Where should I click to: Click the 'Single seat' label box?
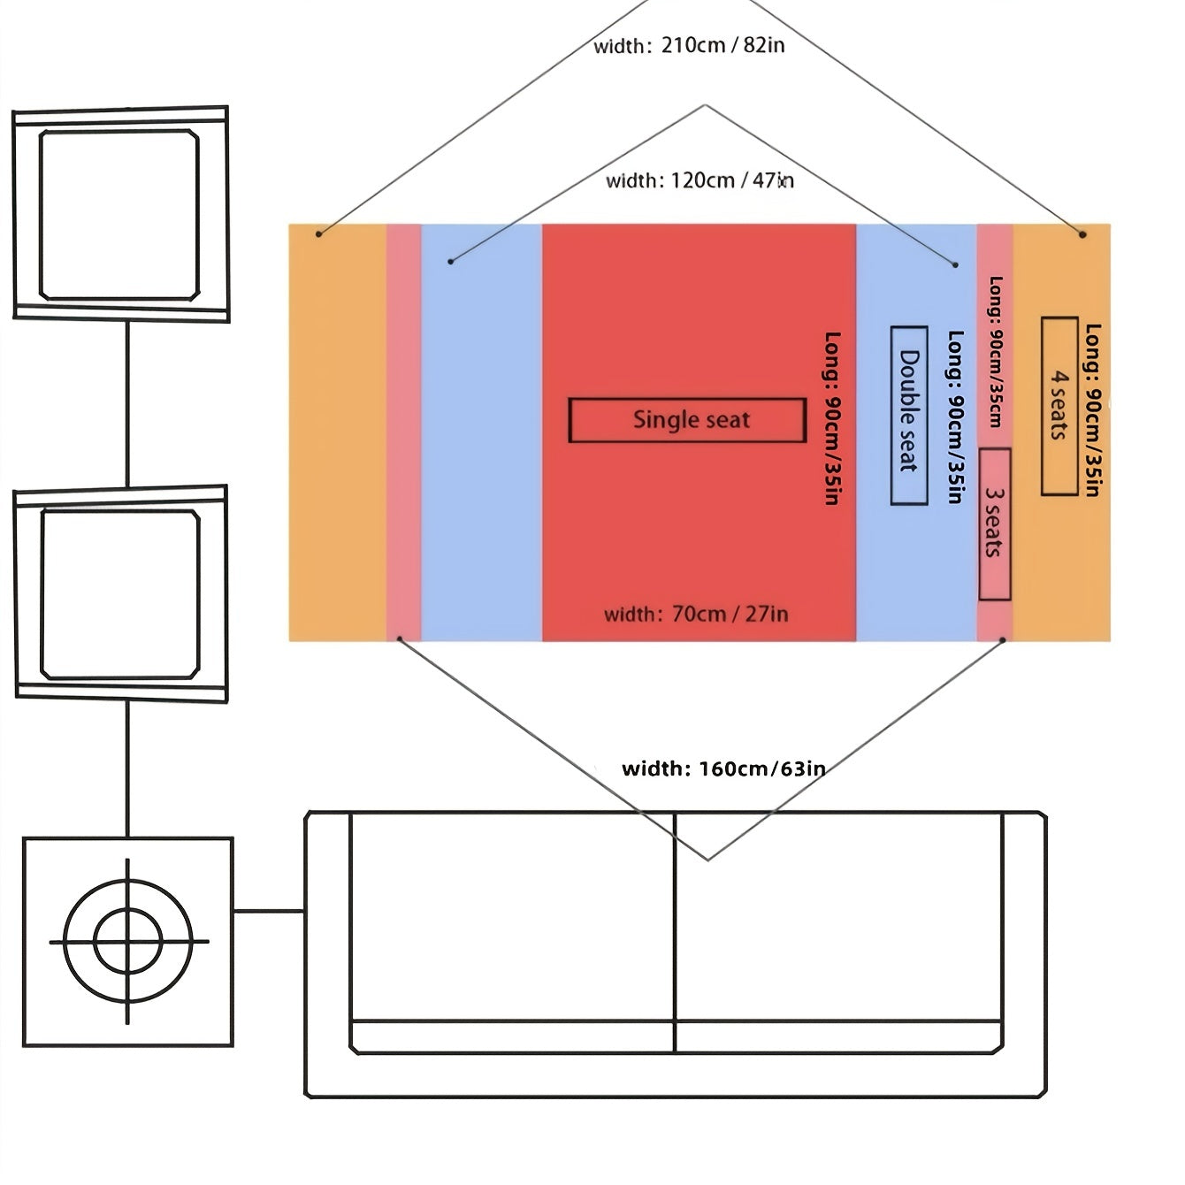(x=687, y=420)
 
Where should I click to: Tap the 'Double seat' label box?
(x=908, y=416)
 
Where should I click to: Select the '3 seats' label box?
(x=995, y=524)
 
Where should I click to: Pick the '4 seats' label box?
(x=1059, y=406)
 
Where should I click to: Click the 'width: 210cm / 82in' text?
(x=689, y=45)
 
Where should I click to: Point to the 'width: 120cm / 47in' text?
(x=700, y=180)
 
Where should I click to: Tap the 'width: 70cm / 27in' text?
(x=696, y=614)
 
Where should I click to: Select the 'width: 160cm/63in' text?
(x=723, y=768)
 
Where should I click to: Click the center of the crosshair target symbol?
(x=128, y=941)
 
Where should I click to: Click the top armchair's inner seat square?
(x=119, y=215)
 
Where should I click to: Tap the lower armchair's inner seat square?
(x=120, y=594)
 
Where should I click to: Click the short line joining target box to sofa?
(x=269, y=911)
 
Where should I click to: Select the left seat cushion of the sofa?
(x=513, y=915)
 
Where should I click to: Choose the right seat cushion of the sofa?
(x=838, y=915)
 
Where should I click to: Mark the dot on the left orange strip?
(x=320, y=233)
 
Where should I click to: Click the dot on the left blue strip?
(x=451, y=261)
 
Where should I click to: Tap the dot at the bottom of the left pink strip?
(x=400, y=638)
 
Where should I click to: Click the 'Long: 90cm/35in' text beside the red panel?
(x=831, y=418)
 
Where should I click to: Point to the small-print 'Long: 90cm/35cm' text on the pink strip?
(x=996, y=352)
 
